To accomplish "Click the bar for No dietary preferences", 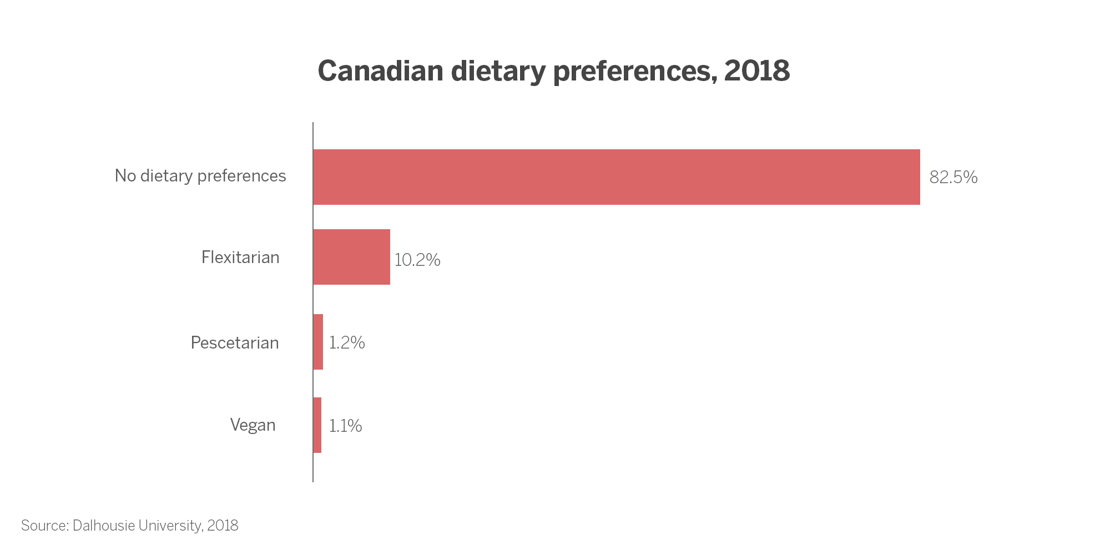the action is pyautogui.click(x=617, y=177).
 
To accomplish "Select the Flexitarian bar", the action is pyautogui.click(x=352, y=257).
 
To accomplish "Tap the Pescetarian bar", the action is pyautogui.click(x=318, y=342).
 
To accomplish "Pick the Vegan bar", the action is pyautogui.click(x=317, y=425).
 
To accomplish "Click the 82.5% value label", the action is pyautogui.click(x=953, y=178).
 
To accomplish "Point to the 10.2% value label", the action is pyautogui.click(x=417, y=260).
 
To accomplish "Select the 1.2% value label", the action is pyautogui.click(x=347, y=343).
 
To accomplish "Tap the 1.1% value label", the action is pyautogui.click(x=345, y=426).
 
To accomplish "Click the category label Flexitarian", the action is pyautogui.click(x=240, y=258).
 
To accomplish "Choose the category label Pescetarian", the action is pyautogui.click(x=235, y=343).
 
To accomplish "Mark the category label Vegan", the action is pyautogui.click(x=253, y=425).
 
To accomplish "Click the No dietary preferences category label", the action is pyautogui.click(x=200, y=176).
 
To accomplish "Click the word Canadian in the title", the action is pyautogui.click(x=381, y=71).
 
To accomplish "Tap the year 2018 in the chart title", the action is pyautogui.click(x=757, y=71).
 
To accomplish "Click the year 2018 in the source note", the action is pyautogui.click(x=223, y=526).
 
